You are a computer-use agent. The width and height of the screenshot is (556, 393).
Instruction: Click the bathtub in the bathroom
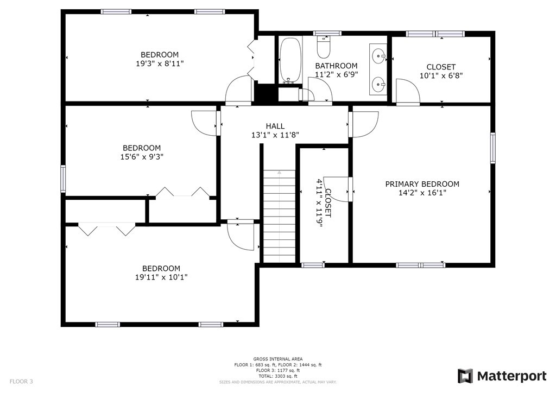pos(290,59)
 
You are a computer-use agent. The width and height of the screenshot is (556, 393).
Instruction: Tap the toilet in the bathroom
pos(324,48)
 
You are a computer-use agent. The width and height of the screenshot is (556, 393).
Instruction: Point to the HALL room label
pos(275,126)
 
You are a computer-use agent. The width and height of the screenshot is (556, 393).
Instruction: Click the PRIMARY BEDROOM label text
pos(422,184)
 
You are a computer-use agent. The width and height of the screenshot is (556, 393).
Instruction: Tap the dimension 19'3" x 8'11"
pos(160,64)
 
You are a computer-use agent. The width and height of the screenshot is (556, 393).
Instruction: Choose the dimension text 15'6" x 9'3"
pos(142,157)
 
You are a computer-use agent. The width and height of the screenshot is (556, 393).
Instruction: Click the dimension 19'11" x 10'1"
pos(161,277)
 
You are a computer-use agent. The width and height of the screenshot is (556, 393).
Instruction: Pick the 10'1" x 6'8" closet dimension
pos(441,76)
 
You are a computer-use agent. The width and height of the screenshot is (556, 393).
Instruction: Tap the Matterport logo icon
pos(465,376)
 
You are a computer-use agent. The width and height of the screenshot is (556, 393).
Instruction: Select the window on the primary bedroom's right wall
pos(493,148)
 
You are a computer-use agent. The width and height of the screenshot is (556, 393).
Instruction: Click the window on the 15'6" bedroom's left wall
pos(63,179)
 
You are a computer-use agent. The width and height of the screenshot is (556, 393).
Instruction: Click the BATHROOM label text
pos(337,66)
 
